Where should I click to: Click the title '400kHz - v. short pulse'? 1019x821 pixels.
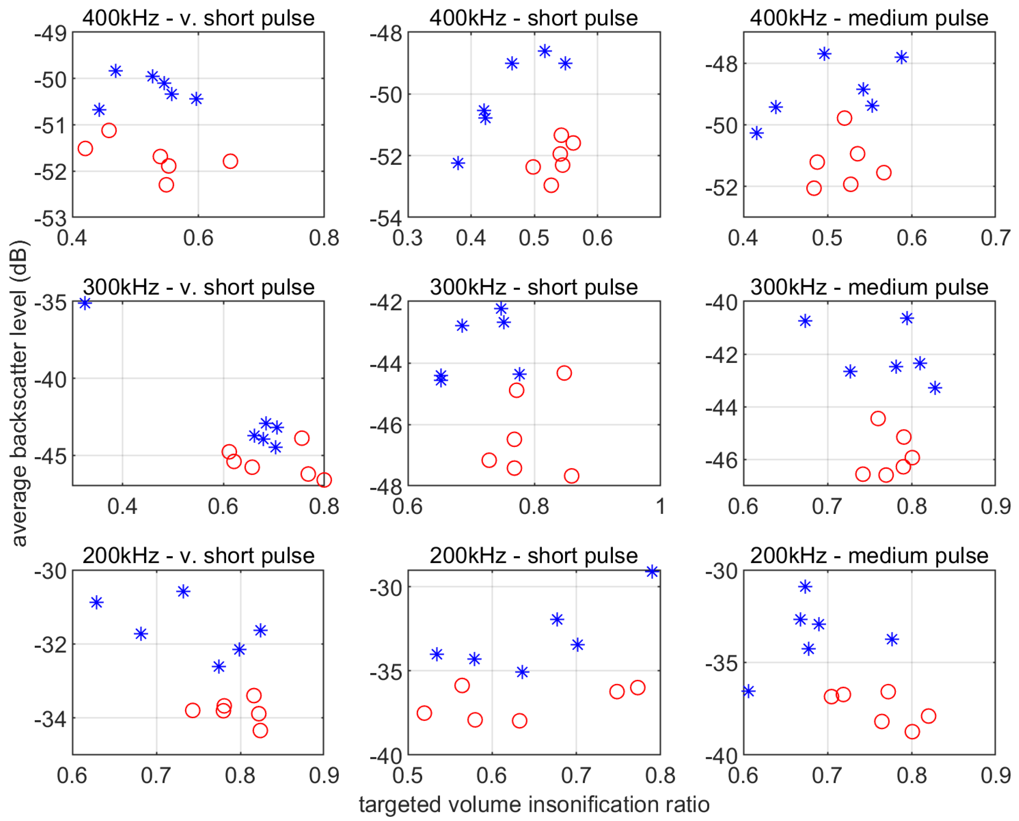(x=198, y=18)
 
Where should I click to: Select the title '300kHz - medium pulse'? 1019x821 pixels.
(x=869, y=287)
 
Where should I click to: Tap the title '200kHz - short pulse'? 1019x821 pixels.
(x=533, y=556)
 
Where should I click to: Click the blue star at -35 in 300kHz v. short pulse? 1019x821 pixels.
(x=85, y=303)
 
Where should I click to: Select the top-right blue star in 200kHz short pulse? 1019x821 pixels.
(x=652, y=572)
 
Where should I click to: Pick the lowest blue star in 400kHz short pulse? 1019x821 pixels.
(x=458, y=163)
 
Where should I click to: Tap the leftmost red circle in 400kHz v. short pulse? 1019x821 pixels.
(x=85, y=149)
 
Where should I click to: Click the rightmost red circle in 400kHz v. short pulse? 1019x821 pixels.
(x=230, y=161)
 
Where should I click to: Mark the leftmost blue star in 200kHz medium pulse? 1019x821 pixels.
(x=748, y=691)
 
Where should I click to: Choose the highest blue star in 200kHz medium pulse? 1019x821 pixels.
(x=805, y=587)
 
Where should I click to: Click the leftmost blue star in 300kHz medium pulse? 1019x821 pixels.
(x=805, y=321)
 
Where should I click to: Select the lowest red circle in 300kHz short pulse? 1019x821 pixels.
(x=571, y=476)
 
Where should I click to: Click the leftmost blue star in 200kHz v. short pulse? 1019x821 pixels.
(x=97, y=602)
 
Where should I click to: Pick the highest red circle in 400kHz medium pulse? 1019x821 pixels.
(x=844, y=118)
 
